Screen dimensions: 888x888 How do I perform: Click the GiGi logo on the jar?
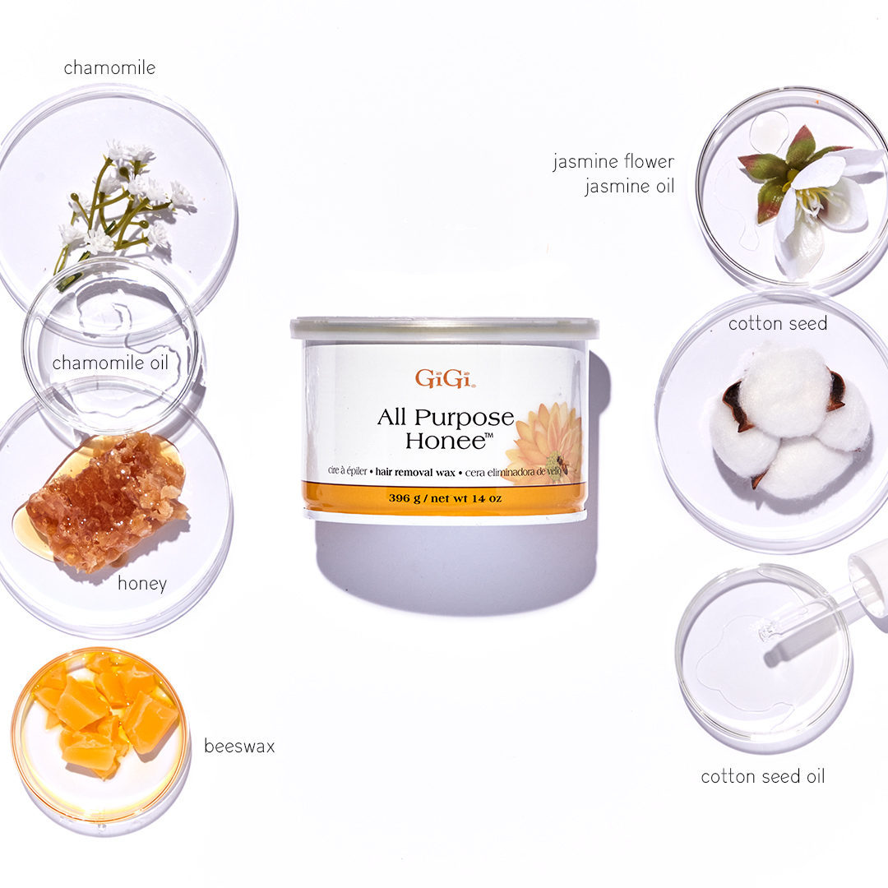445,378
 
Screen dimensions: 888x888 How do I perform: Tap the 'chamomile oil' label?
110,363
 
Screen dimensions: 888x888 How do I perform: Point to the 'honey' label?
142,583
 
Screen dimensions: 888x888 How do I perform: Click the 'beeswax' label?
239,746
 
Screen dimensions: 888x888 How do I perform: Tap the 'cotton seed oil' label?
763,776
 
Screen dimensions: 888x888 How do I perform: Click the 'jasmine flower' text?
614,161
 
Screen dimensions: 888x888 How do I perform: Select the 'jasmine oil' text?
629,186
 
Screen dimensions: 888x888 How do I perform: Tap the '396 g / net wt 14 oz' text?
445,498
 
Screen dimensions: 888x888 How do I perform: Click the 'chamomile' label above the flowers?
109,68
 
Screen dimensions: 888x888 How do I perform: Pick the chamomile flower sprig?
122,204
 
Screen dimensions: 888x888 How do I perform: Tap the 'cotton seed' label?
778,323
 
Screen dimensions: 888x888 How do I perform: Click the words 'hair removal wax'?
415,472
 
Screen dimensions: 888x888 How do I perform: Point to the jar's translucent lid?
445,328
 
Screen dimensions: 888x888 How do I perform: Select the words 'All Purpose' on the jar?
445,418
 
